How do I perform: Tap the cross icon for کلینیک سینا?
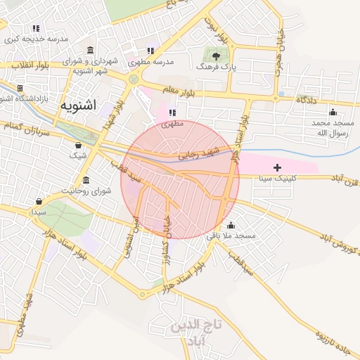click(278, 167)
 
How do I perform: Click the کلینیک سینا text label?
click(278, 179)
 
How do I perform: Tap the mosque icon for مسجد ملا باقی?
click(231, 225)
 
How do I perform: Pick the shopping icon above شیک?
click(78, 145)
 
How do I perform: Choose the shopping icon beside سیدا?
click(37, 200)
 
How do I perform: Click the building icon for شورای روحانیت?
click(86, 180)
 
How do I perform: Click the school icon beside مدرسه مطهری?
click(150, 51)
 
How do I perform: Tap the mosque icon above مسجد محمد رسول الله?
click(333, 112)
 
